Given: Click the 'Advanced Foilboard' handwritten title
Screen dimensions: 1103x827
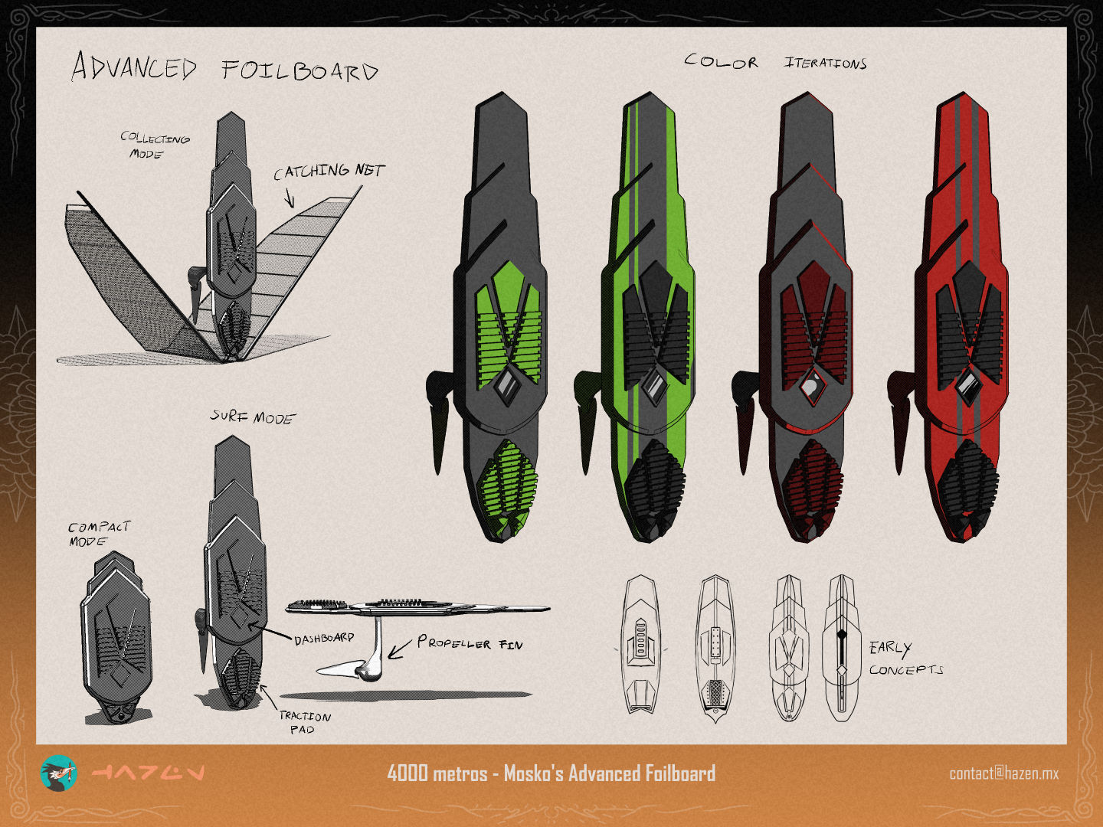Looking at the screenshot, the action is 224,67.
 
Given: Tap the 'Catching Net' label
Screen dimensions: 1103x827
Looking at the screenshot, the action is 329,172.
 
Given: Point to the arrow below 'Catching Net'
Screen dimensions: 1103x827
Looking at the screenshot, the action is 290,198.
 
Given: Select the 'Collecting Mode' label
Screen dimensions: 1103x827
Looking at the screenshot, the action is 155,145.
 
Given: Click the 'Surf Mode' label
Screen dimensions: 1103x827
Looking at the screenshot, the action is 253,417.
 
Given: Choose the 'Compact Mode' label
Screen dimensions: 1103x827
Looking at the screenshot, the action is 99,534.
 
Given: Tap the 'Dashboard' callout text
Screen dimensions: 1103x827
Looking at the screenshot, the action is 324,639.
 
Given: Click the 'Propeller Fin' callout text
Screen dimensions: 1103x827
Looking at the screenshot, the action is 470,643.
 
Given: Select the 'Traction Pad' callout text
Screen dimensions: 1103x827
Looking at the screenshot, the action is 305,723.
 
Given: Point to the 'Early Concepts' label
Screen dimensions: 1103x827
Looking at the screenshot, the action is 905,659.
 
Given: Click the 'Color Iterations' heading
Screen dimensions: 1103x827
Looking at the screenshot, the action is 775,62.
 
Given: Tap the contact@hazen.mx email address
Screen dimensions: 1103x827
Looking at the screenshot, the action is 1004,773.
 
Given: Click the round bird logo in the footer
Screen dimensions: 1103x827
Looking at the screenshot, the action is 59,773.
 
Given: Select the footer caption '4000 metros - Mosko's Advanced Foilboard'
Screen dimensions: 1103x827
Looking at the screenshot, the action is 551,773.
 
